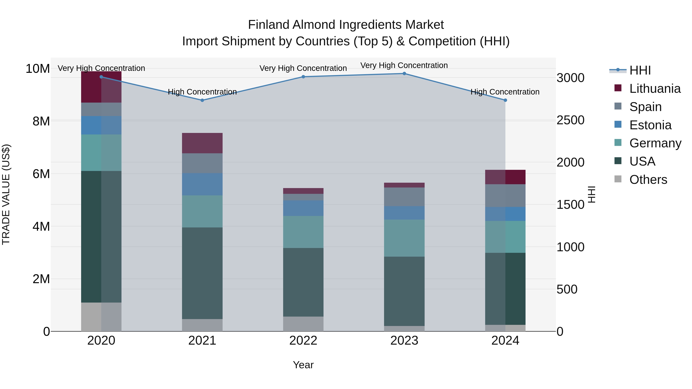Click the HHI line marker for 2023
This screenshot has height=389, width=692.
click(404, 74)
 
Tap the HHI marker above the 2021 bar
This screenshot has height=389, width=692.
click(202, 100)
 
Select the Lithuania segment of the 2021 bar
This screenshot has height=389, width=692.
click(202, 143)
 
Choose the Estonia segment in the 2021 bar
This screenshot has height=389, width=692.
click(202, 184)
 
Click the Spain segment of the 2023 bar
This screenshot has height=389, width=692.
click(404, 197)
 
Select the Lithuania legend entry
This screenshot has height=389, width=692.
click(655, 89)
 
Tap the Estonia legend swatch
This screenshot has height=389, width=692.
click(618, 124)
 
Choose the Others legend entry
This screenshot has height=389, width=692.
click(648, 180)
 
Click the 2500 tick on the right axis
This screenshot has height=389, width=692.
click(570, 120)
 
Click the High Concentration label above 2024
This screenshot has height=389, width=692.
click(505, 92)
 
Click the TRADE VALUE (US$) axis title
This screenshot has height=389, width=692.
click(6, 194)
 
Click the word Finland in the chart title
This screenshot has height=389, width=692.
click(269, 25)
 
